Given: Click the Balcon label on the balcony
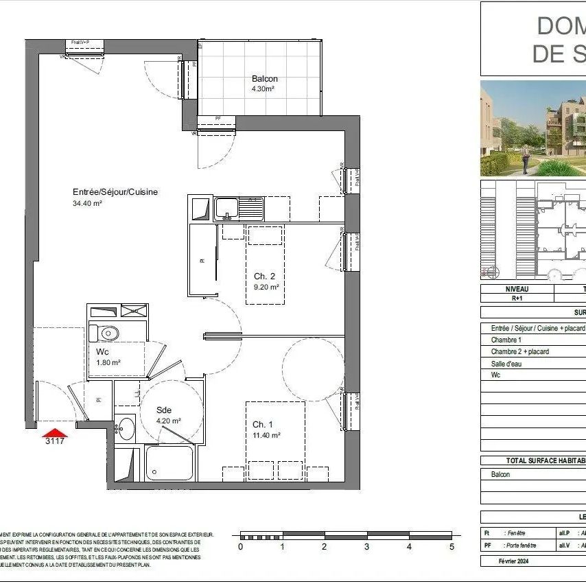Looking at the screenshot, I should pyautogui.click(x=264, y=79).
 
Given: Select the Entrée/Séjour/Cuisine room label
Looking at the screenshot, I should pyautogui.click(x=115, y=192).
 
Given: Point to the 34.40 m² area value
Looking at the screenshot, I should pyautogui.click(x=87, y=203).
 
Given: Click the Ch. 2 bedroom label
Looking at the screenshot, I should pyautogui.click(x=264, y=277).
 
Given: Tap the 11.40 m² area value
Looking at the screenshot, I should pyautogui.click(x=266, y=435).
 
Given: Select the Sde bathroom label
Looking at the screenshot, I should pyautogui.click(x=164, y=410).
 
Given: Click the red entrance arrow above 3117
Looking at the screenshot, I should pyautogui.click(x=55, y=432).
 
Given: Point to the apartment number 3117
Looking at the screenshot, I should pyautogui.click(x=55, y=441).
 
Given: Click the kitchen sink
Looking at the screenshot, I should pyautogui.click(x=239, y=208).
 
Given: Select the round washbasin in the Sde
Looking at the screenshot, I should pyautogui.click(x=126, y=429).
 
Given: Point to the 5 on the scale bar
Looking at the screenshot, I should pyautogui.click(x=452, y=547).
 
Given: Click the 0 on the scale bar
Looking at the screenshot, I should pyautogui.click(x=240, y=547).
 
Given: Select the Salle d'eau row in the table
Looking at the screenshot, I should pyautogui.click(x=506, y=364).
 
